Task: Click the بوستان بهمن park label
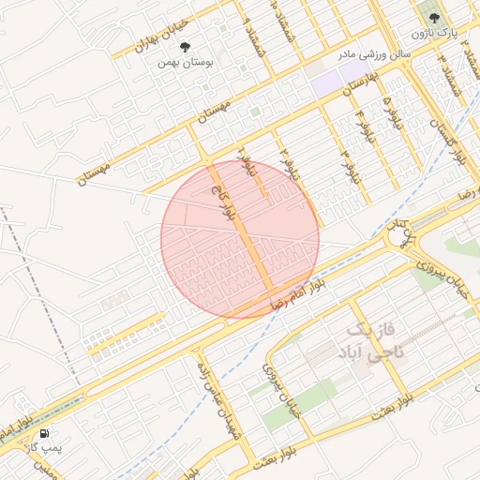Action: [x=182, y=62]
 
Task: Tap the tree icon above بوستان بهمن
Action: [x=183, y=45]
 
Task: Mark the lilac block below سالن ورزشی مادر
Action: [x=337, y=82]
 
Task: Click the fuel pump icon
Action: [x=44, y=433]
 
